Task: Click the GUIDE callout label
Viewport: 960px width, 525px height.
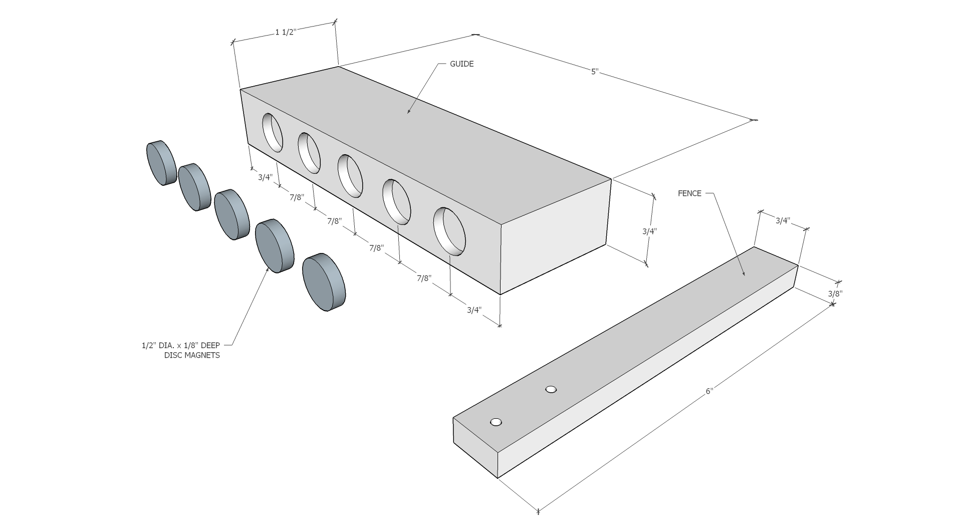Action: coord(461,64)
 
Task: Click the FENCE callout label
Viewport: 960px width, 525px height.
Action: coord(689,193)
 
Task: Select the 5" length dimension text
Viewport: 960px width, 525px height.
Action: coord(595,72)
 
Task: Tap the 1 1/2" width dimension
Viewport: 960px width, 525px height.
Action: coord(286,32)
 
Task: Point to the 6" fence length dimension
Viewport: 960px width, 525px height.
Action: coord(709,391)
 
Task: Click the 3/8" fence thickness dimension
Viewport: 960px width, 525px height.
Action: coord(835,293)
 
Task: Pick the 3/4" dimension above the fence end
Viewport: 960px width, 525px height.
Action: coord(783,220)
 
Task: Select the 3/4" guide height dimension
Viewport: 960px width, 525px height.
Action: coord(649,231)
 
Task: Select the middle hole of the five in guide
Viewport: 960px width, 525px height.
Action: coord(350,176)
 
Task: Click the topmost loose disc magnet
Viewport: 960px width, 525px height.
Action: coord(161,163)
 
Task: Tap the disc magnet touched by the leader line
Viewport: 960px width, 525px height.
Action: coord(274,245)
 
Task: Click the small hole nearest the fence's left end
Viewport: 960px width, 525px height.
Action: coord(496,422)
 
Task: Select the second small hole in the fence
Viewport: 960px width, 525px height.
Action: coord(551,389)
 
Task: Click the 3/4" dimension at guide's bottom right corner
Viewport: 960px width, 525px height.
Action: coord(474,310)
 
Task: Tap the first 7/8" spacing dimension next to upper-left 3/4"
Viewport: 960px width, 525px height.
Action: coord(297,197)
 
